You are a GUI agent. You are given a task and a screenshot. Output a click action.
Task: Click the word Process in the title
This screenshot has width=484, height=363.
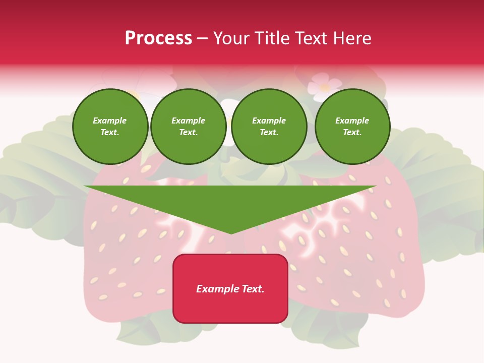158,38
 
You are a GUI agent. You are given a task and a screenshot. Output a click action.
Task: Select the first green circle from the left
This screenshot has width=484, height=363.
110,127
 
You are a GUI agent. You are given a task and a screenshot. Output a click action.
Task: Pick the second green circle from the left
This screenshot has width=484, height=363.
189,127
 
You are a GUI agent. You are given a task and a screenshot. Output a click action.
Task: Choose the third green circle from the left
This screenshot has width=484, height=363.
269,127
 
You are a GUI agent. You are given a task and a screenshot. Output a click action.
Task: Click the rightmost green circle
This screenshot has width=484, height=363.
352,127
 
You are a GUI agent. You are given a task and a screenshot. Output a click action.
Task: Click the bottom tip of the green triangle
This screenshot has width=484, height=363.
231,232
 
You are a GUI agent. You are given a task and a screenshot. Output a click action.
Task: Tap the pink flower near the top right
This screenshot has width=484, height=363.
324,86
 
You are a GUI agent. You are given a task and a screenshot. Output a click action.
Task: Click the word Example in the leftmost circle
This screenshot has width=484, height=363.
110,120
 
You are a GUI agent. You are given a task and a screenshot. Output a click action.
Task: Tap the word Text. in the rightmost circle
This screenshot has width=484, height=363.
352,133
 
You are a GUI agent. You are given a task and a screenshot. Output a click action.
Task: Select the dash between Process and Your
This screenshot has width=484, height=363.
202,38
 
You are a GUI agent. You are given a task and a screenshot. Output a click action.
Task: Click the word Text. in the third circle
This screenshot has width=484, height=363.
269,133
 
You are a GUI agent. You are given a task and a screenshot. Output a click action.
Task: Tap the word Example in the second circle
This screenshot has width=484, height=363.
189,120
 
